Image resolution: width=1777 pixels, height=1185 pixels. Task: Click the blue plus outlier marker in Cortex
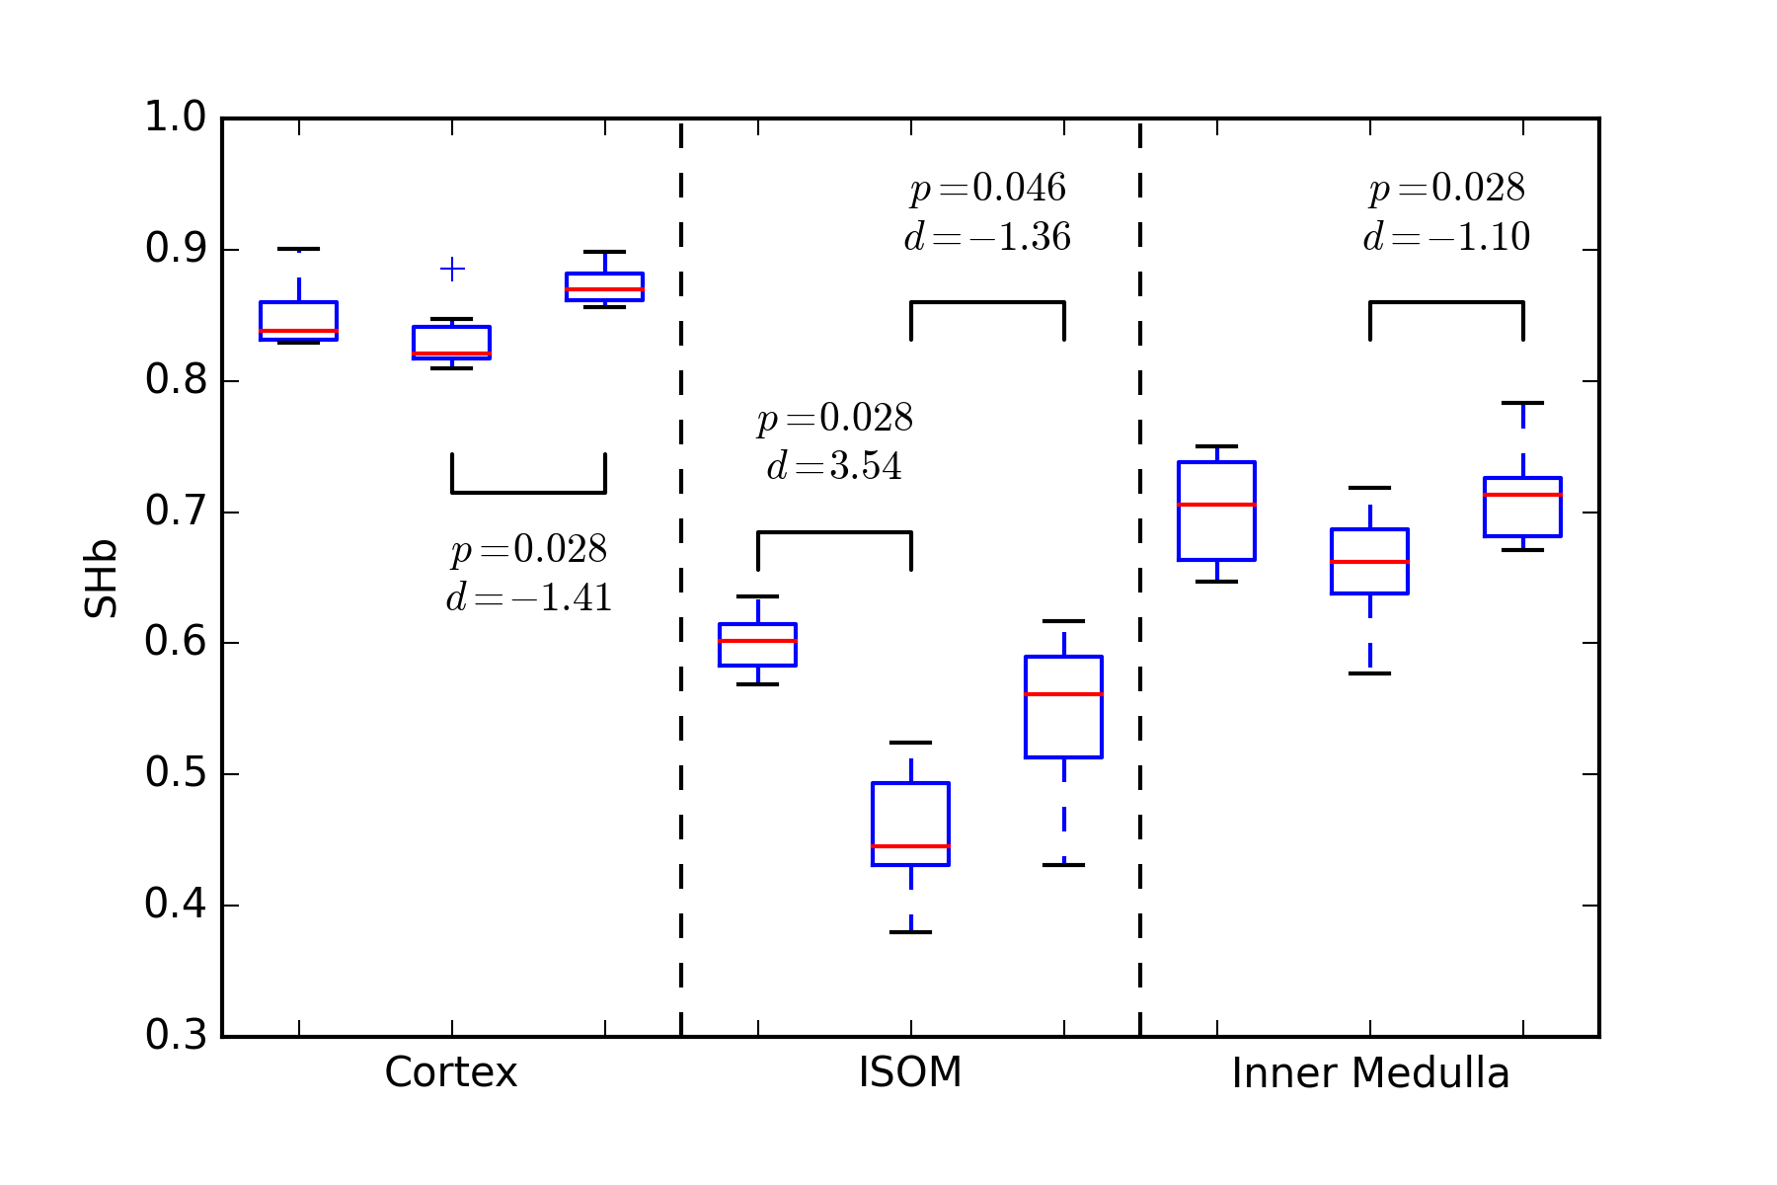[x=452, y=269]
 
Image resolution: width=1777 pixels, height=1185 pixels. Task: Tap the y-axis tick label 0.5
[x=176, y=773]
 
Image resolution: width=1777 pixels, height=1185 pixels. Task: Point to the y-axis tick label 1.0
[x=176, y=118]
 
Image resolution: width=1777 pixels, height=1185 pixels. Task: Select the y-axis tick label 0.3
[x=176, y=1035]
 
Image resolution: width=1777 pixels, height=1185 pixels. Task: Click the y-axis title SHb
[x=102, y=579]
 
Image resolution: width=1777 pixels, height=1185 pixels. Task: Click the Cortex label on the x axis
[x=451, y=1072]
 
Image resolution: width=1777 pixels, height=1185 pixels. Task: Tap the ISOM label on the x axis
[x=910, y=1072]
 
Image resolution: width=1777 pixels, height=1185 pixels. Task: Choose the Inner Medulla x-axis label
[x=1370, y=1072]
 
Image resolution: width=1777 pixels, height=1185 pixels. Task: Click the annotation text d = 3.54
[x=834, y=465]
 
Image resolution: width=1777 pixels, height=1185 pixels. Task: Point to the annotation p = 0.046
[x=987, y=188]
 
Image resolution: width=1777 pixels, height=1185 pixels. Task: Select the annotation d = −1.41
[x=529, y=597]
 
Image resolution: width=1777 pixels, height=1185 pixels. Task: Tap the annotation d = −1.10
[x=1446, y=237]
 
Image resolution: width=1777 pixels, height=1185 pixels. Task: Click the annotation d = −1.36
[x=987, y=237]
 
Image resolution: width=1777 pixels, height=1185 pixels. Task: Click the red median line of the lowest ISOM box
[x=910, y=846]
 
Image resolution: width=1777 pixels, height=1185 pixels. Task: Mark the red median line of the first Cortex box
[x=299, y=331]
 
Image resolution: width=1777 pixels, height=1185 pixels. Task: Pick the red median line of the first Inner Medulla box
[x=1216, y=505]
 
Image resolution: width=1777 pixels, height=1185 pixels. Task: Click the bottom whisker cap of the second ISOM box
[x=910, y=932]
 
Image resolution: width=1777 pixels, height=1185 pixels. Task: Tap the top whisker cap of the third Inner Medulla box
[x=1522, y=403]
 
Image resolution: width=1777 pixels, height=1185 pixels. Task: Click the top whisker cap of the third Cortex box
[x=604, y=252]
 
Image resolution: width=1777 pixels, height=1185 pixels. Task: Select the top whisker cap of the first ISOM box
[x=757, y=596]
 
